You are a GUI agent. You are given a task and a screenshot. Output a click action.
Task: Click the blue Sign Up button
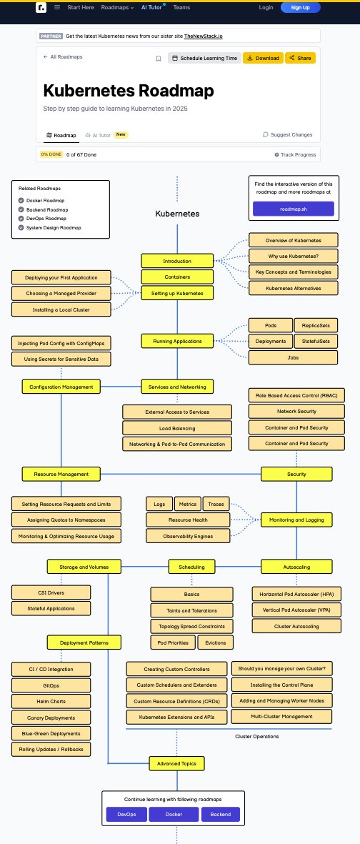tap(300, 7)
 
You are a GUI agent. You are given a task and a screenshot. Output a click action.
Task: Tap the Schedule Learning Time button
tap(204, 58)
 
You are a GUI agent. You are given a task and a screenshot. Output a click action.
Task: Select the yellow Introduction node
tap(176, 261)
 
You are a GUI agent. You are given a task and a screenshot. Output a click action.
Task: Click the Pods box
tap(269, 325)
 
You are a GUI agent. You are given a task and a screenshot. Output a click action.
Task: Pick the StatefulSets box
tap(316, 341)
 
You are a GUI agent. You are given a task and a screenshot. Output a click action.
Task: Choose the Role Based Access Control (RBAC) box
tap(296, 395)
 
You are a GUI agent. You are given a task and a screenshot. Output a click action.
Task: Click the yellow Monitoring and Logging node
tap(296, 520)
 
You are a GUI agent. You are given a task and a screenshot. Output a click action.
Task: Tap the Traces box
tap(216, 504)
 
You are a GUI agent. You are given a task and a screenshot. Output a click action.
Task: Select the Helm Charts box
tap(51, 701)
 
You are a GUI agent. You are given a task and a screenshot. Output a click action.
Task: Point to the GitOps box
tap(51, 685)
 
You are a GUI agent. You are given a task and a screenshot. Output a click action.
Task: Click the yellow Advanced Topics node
tap(176, 763)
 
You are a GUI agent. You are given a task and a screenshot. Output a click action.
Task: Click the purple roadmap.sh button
tap(293, 209)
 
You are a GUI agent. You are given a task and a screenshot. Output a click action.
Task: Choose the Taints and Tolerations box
tap(191, 610)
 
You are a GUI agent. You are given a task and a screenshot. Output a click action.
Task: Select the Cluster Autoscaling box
tap(296, 626)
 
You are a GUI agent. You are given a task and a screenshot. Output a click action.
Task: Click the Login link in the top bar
tap(266, 7)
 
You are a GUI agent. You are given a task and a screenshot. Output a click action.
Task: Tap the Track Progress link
tap(295, 154)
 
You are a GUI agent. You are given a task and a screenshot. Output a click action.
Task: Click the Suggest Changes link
tap(288, 134)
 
